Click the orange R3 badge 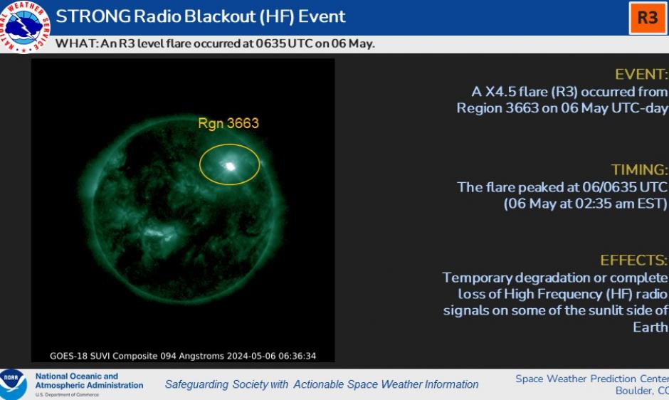[648, 18]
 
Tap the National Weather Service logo [24, 26]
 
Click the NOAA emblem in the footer [12, 384]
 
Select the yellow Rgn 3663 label [228, 123]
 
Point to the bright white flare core [230, 166]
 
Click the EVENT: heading [641, 74]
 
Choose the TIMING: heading [639, 169]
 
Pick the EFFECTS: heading [633, 260]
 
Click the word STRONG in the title [93, 16]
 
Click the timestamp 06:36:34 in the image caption [297, 356]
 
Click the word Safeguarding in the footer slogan [196, 384]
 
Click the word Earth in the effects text [650, 327]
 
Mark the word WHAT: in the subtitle [77, 43]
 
